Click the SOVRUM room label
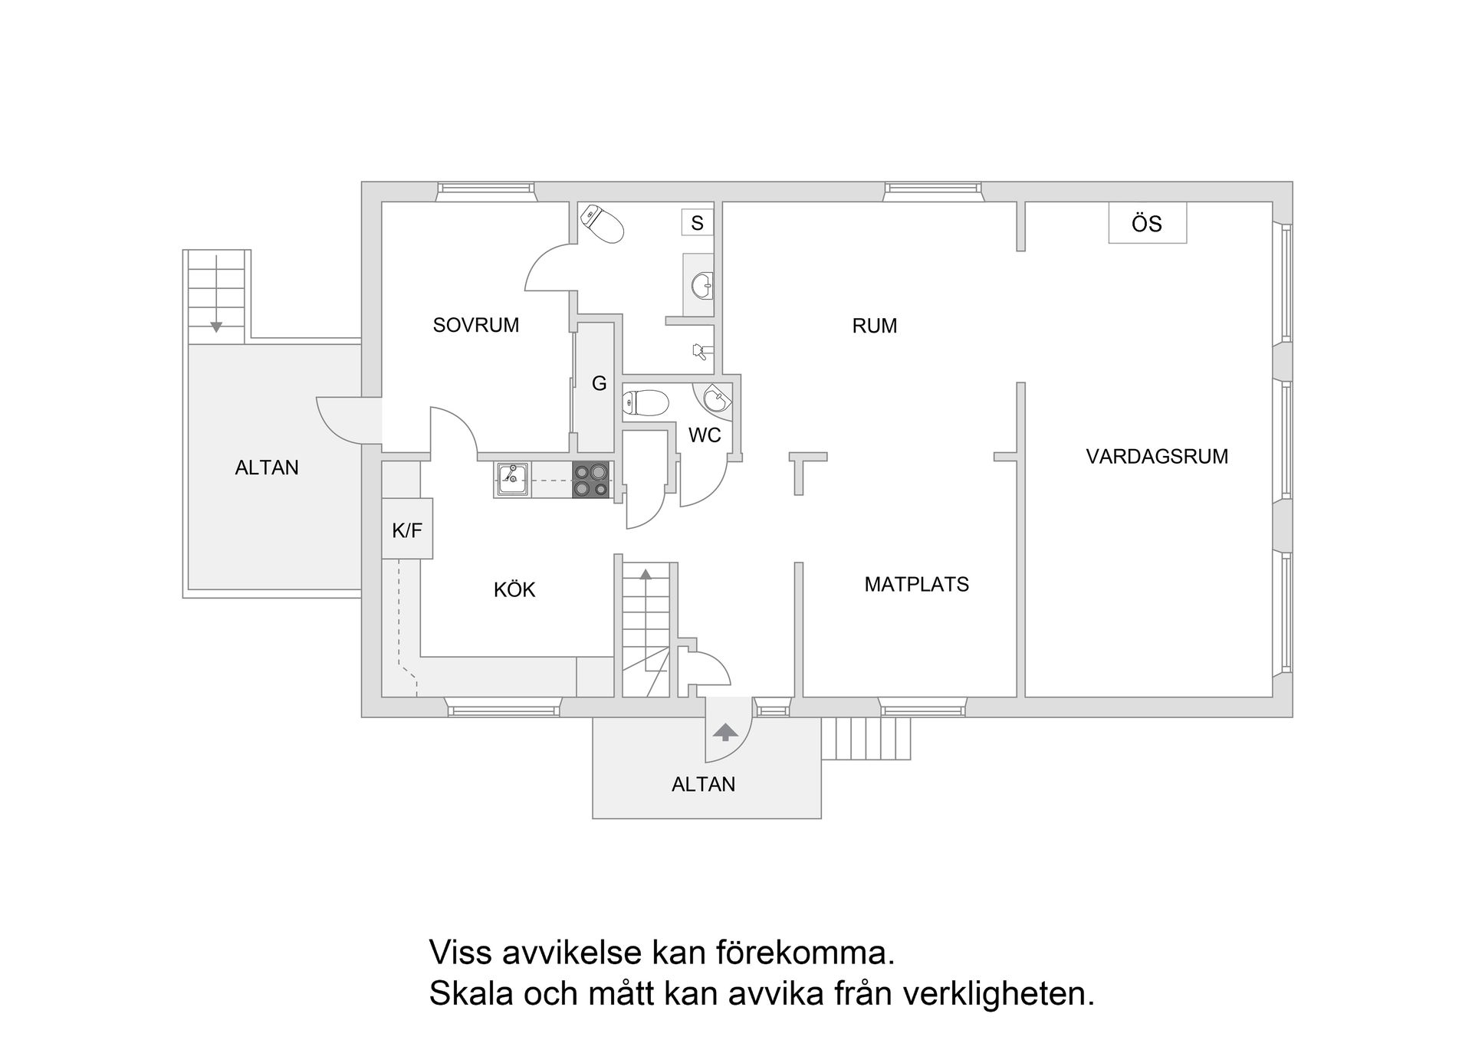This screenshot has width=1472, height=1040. click(x=475, y=325)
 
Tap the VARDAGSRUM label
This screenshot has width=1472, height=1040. click(x=1156, y=457)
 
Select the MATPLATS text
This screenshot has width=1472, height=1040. click(x=916, y=585)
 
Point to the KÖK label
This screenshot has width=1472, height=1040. click(x=514, y=590)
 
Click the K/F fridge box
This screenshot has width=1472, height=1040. click(x=407, y=530)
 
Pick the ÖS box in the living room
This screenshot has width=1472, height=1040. click(x=1147, y=224)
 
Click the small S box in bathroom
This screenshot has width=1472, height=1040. click(x=697, y=223)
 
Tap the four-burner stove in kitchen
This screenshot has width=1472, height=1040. click(x=591, y=480)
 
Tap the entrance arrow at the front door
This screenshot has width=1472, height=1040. click(x=724, y=733)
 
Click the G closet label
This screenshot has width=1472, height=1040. click(x=599, y=383)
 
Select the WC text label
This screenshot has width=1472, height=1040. click(x=704, y=435)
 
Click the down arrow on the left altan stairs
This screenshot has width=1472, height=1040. click(x=216, y=326)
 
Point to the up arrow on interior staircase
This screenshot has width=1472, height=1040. click(x=646, y=574)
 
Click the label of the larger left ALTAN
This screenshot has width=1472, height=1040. click(x=267, y=468)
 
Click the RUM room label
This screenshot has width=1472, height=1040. click(x=874, y=326)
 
